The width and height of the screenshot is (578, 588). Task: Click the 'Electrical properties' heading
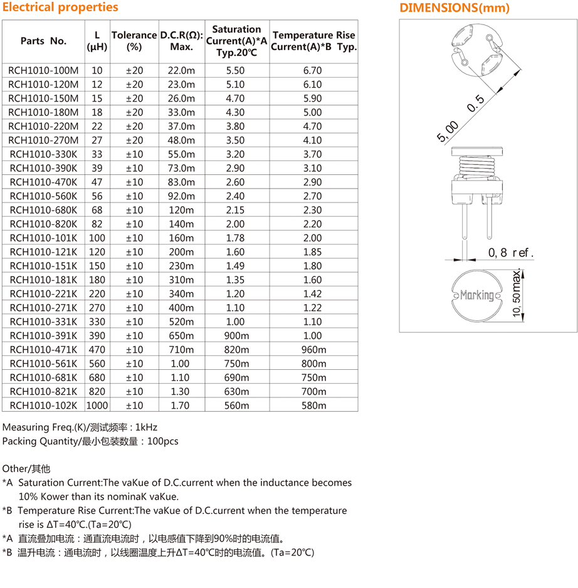(60, 8)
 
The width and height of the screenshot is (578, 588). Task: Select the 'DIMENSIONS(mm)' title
(455, 8)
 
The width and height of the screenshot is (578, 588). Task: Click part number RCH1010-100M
(43, 70)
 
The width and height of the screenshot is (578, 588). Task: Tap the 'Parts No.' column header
(43, 41)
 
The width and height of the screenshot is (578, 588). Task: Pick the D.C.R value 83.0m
(181, 182)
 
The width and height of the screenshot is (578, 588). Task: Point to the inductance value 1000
(97, 405)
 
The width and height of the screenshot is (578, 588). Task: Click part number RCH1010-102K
(43, 405)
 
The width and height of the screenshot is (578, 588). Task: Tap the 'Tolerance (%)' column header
(134, 41)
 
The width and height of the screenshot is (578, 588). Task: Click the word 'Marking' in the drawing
(477, 295)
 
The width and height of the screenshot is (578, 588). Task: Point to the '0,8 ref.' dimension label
(511, 253)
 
